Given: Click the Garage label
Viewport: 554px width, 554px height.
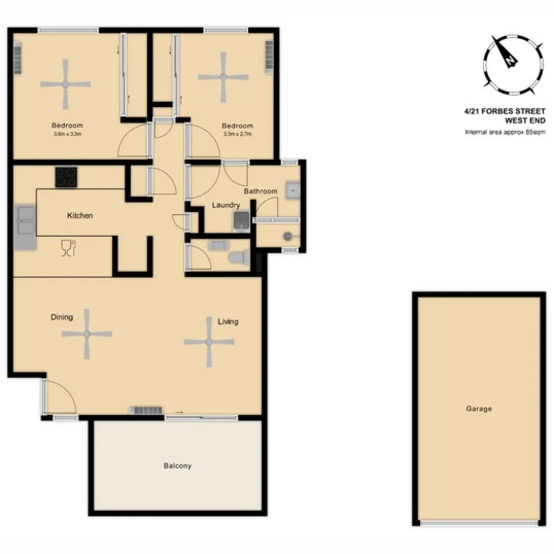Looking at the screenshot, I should point(479,409).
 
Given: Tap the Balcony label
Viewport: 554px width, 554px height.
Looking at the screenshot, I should point(177,466).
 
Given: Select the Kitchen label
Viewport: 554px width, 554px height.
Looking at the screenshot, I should point(80,215).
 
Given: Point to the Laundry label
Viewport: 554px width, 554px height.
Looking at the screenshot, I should point(226,205).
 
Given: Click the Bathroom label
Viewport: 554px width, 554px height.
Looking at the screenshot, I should point(260,191).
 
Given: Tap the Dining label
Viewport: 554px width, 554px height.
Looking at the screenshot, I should point(62,317).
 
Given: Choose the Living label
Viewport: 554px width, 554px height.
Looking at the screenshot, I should point(228,322).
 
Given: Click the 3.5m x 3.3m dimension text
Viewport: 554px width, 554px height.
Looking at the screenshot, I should point(67,134).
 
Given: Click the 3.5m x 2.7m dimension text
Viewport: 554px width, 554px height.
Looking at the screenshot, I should point(237,134).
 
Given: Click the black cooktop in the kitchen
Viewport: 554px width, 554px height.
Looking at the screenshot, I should point(66,178).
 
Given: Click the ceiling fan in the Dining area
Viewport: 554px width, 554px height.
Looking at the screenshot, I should point(87,334).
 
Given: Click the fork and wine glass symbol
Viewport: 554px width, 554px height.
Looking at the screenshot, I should point(68,248).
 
